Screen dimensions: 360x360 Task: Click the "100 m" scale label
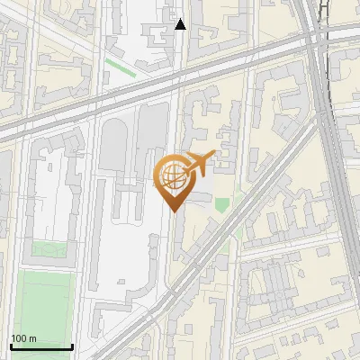coord(24,338)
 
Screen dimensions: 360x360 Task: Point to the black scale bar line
coord(41,347)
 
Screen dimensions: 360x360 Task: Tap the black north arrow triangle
coord(180,24)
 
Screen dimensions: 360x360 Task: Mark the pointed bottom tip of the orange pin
coord(174,211)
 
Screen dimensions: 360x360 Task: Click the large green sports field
coord(44,301)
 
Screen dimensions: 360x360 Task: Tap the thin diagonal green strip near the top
coord(118,66)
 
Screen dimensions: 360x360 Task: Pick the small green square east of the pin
coord(221,204)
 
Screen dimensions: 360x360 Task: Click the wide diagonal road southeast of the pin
coord(234,234)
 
